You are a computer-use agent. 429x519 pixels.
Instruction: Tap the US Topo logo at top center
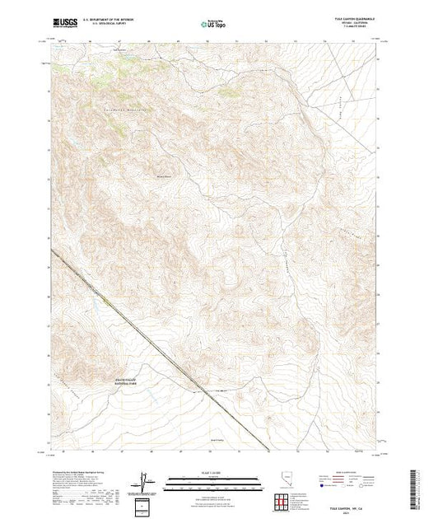pos(214,24)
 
